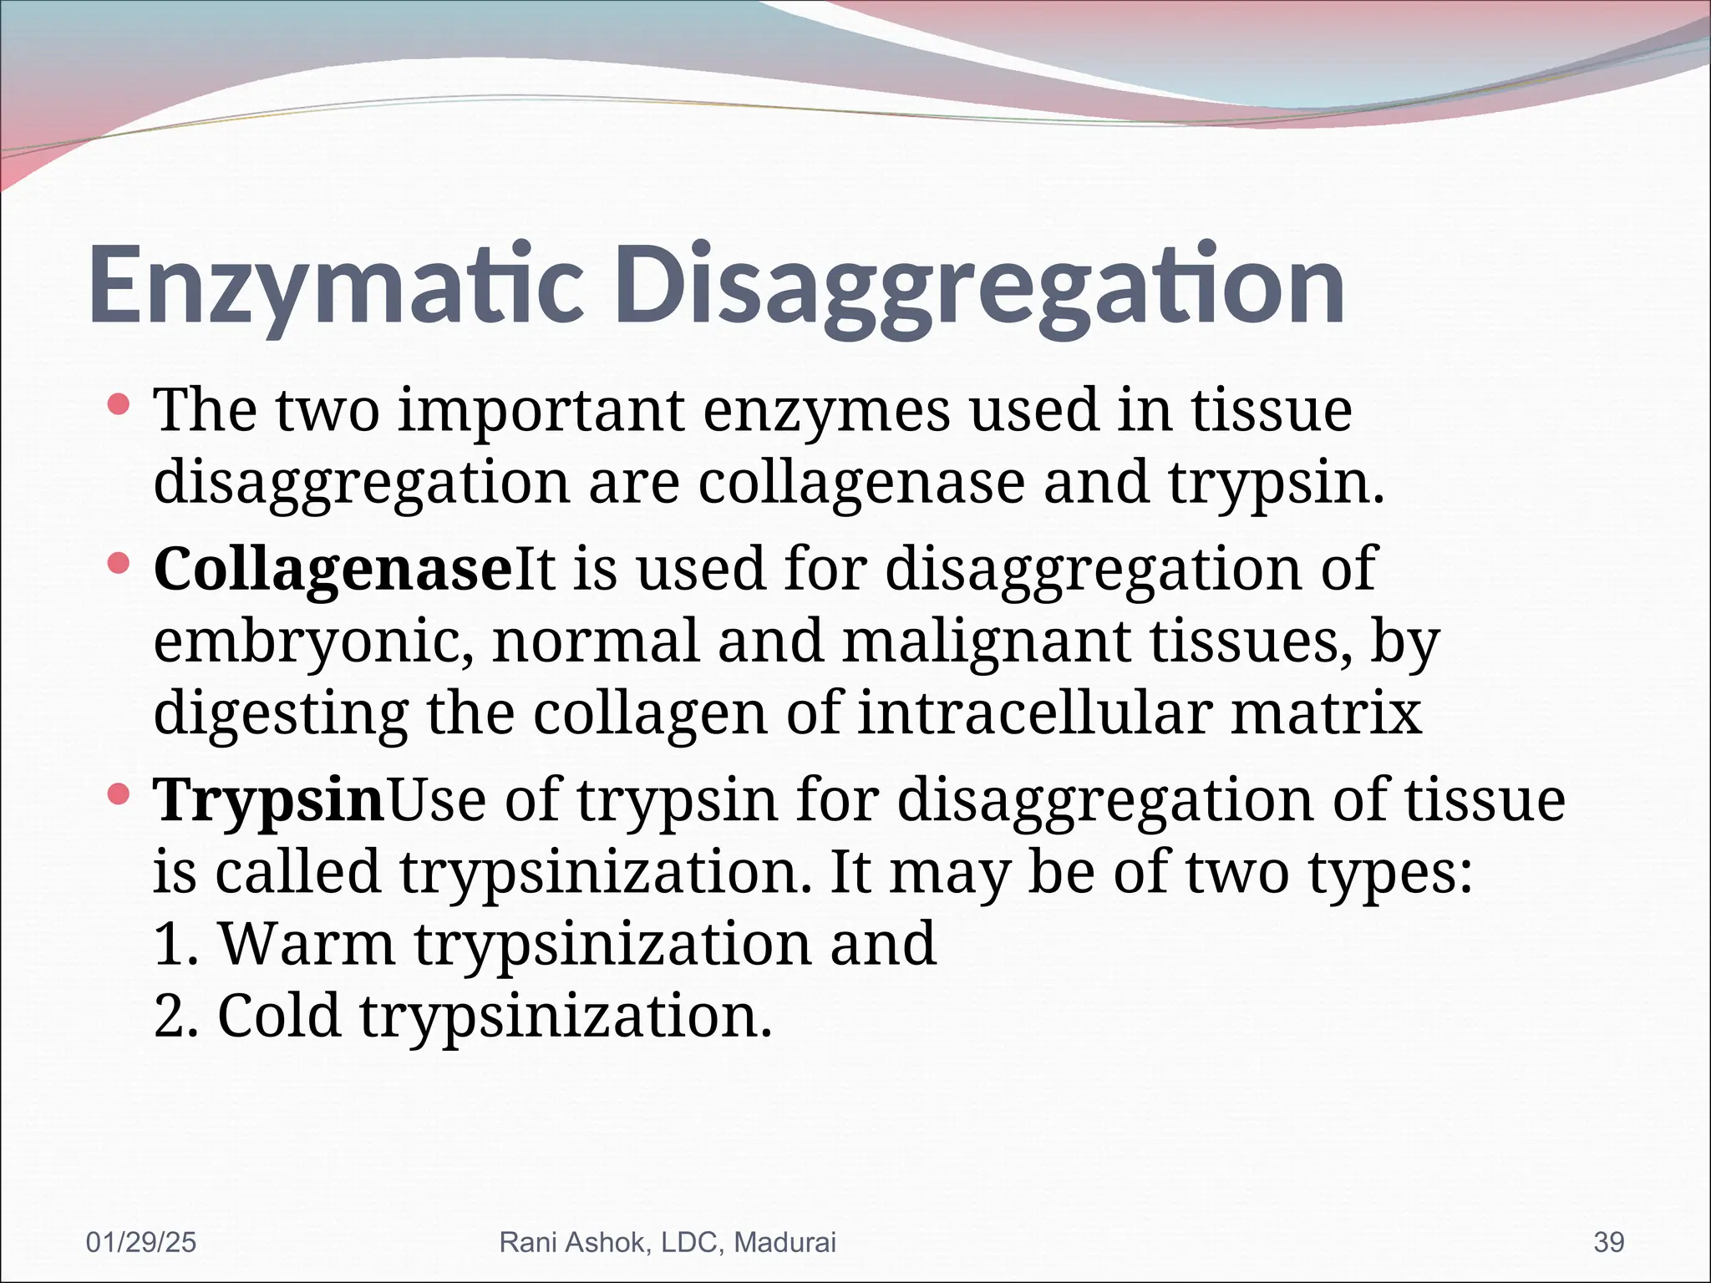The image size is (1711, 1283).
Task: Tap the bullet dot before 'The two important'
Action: [119, 406]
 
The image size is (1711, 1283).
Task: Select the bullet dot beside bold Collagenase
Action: [119, 565]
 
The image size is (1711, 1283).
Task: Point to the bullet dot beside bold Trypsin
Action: [119, 794]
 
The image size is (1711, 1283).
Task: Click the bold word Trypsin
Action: [269, 800]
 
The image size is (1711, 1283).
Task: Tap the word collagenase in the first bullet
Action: [861, 483]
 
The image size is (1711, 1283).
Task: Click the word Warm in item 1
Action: [306, 944]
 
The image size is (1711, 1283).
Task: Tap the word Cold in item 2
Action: [279, 1017]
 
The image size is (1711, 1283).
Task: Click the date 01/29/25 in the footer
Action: [141, 1242]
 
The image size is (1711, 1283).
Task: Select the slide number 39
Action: [1608, 1242]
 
